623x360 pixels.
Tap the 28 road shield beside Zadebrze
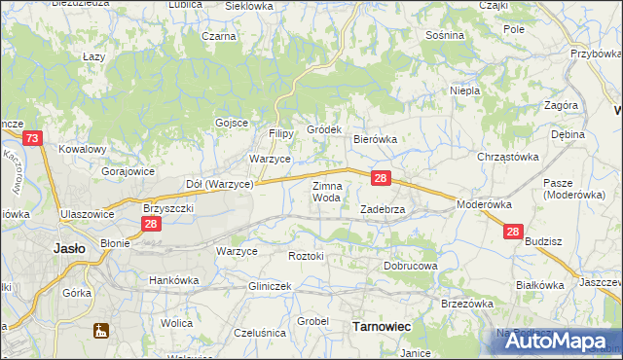click(382, 178)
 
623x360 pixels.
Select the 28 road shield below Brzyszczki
click(151, 224)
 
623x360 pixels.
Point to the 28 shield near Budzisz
click(513, 232)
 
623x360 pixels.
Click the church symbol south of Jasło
click(99, 331)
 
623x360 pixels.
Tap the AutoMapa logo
click(550, 342)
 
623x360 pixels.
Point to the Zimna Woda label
click(326, 192)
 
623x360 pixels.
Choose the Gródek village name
click(324, 129)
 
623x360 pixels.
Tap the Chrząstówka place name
click(507, 157)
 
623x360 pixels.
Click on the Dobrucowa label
click(410, 265)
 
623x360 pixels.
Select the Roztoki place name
click(306, 256)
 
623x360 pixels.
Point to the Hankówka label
click(173, 280)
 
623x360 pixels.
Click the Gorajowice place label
click(128, 170)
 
